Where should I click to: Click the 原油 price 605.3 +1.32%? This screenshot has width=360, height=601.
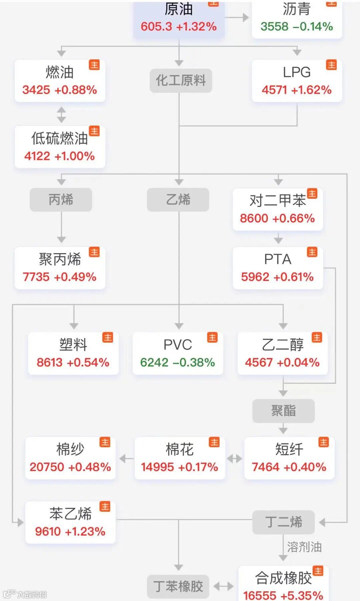(179, 26)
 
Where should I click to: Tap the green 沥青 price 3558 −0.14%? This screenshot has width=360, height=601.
(297, 26)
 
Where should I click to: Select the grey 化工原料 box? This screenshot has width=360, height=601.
(181, 80)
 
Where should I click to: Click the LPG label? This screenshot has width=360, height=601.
(297, 72)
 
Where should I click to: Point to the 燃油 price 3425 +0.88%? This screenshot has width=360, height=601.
(60, 90)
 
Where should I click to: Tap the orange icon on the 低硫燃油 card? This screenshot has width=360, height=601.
(95, 131)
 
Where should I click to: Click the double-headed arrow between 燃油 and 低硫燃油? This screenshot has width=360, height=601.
(61, 114)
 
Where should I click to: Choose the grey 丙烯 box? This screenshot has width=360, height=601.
(61, 199)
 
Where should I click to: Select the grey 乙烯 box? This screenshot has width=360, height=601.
(178, 199)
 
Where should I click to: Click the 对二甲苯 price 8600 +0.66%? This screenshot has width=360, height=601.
(277, 218)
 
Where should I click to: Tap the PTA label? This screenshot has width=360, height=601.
(278, 259)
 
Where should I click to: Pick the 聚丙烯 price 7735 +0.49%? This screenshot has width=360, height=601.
(60, 276)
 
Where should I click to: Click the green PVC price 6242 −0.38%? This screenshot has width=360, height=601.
(178, 362)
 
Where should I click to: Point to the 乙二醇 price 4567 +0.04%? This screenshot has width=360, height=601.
(282, 362)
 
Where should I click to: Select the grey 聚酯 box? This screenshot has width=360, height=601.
(283, 411)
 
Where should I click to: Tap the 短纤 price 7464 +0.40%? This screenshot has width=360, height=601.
(289, 467)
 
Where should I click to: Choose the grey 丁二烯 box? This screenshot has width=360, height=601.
(283, 522)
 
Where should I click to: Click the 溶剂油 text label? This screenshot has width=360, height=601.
(304, 547)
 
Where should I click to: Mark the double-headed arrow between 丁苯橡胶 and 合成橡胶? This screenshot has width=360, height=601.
(223, 586)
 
